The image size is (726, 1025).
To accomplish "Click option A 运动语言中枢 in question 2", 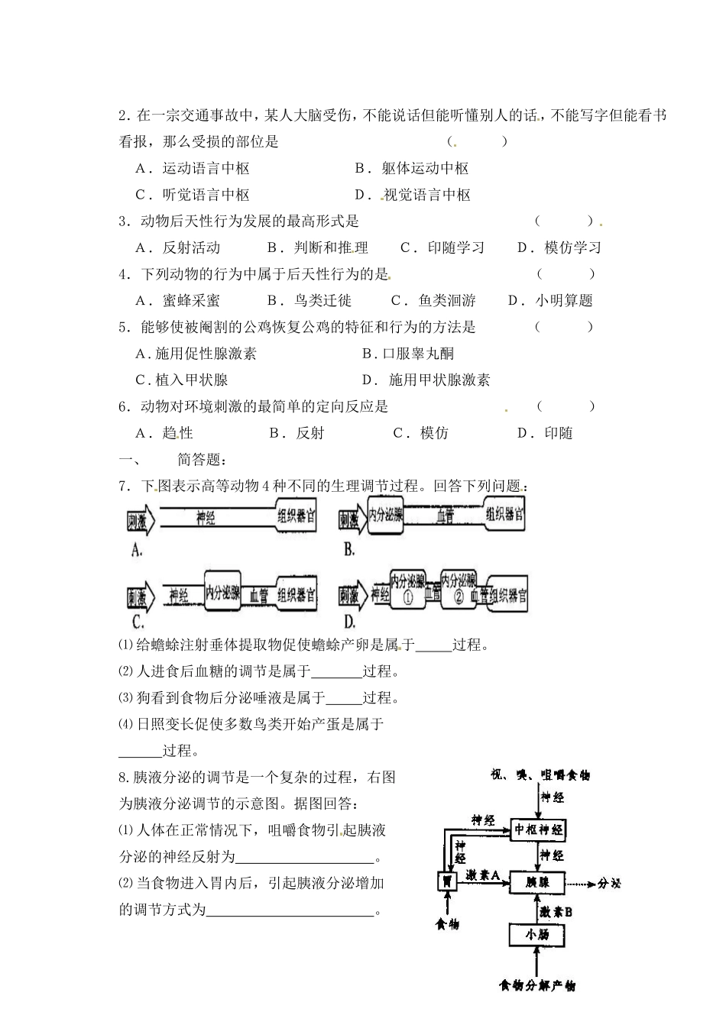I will [193, 168].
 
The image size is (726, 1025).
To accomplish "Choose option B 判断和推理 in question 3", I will [318, 247].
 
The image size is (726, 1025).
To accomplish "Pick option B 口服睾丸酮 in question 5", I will [408, 353].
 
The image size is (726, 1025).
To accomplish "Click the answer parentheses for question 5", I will [564, 327].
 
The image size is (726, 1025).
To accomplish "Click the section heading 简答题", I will [201, 459].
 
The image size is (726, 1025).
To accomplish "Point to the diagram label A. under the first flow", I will [137, 550].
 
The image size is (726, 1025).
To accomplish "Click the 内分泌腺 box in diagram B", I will [385, 517].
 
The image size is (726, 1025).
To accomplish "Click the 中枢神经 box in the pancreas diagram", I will [540, 829].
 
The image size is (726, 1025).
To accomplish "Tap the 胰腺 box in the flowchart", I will [539, 882].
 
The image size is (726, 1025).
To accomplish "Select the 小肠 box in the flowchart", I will [539, 935].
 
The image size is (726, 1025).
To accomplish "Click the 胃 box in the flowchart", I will [446, 881].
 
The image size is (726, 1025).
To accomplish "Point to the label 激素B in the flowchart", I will [556, 911].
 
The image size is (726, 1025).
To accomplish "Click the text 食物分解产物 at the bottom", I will [537, 986].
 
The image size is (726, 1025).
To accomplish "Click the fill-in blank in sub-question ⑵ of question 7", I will [337, 671].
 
